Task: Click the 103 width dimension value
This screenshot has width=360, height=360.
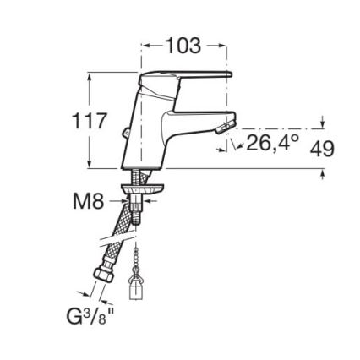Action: (183, 46)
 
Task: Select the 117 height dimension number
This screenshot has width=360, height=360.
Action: (90, 121)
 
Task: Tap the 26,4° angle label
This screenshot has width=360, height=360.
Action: (272, 142)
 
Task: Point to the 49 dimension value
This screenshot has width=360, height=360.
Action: (323, 149)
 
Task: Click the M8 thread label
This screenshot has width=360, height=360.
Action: (89, 201)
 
